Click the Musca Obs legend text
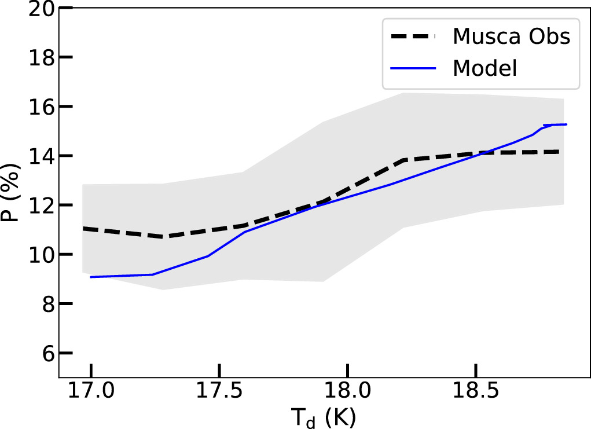coord(512,36)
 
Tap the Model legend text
coord(484,68)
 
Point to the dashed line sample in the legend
coord(414,36)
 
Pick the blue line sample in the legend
coord(414,68)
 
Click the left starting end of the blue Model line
coord(91,277)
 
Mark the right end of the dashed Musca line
coord(559,152)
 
